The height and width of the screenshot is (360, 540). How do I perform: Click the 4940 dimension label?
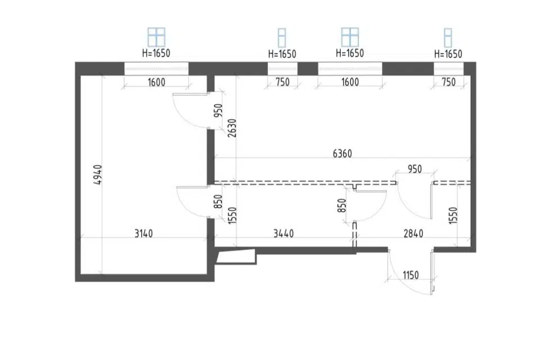(98, 175)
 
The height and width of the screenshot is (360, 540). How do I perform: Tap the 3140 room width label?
(143, 233)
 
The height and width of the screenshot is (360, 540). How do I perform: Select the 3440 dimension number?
(283, 233)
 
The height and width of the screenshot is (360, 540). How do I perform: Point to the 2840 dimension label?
(413, 233)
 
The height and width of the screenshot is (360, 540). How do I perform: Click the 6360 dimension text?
(343, 154)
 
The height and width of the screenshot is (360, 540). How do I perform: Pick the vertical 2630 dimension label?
(232, 128)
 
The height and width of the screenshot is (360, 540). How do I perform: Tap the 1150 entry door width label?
(411, 275)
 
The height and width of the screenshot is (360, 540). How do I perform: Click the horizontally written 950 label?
(415, 169)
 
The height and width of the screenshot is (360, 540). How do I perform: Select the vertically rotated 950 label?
(218, 111)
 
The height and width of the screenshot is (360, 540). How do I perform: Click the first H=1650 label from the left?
(156, 53)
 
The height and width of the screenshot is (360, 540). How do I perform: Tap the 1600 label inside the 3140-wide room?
(156, 82)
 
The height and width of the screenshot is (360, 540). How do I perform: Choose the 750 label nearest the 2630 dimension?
(282, 82)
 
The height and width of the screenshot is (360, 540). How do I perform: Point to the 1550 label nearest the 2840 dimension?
(453, 215)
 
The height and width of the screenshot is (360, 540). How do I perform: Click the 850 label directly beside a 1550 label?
(218, 202)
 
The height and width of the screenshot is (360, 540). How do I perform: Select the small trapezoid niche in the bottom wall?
(236, 256)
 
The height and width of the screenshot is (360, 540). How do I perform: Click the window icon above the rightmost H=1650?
(448, 38)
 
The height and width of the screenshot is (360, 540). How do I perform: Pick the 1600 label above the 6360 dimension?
(350, 82)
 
